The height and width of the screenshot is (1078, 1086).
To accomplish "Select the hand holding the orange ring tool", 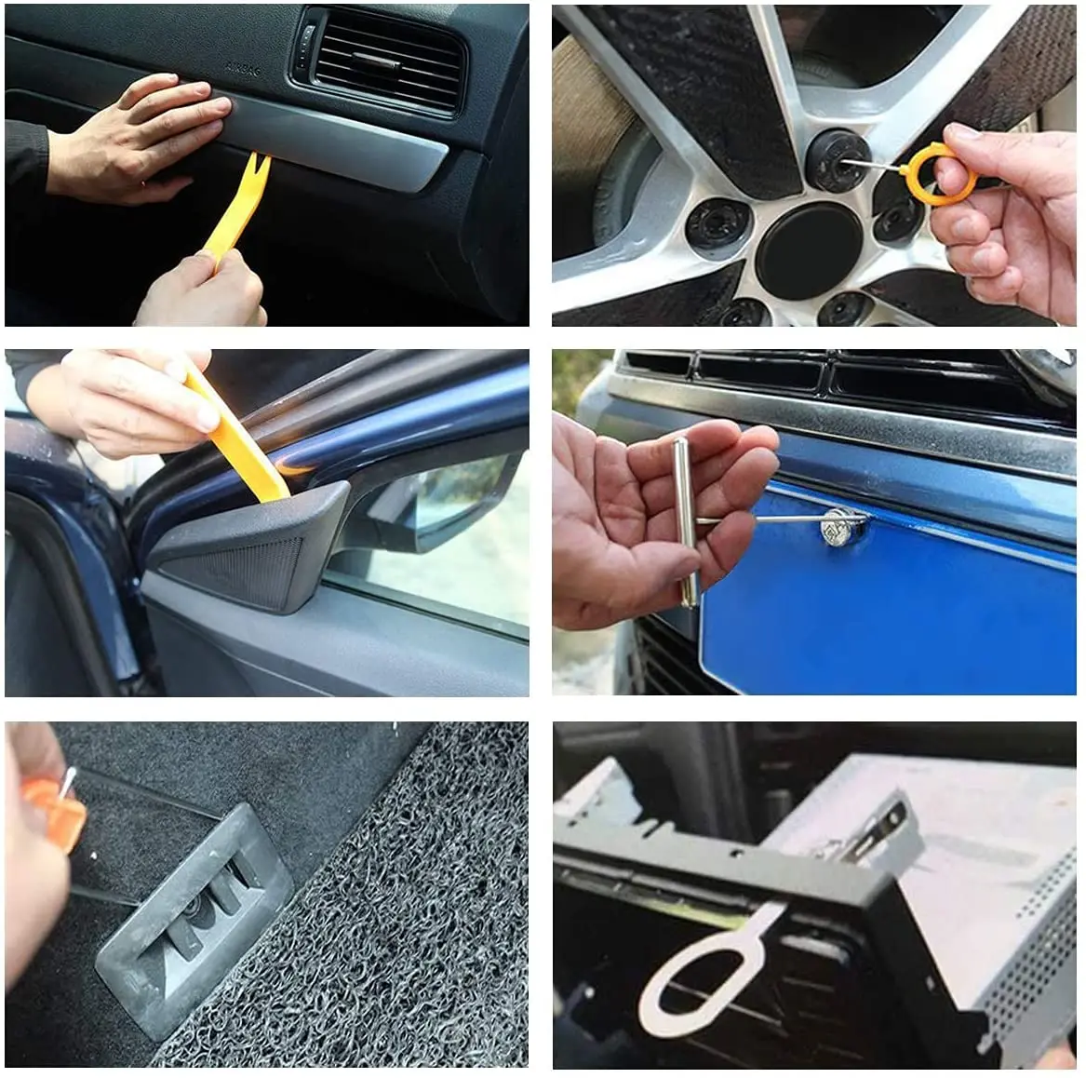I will pos(1005,214).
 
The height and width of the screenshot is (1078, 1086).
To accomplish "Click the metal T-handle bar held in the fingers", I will pos(686,521).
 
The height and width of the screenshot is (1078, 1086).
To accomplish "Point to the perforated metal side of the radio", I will pos(1024,959).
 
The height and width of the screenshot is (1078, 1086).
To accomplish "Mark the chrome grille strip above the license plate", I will pos(838,410).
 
